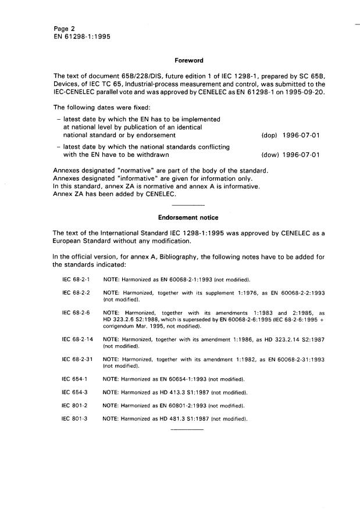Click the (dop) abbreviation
point(271,135)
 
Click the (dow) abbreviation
point(271,155)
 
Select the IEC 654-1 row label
point(74,379)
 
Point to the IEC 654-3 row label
point(74,392)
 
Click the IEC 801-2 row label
point(74,406)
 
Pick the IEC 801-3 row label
point(74,418)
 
